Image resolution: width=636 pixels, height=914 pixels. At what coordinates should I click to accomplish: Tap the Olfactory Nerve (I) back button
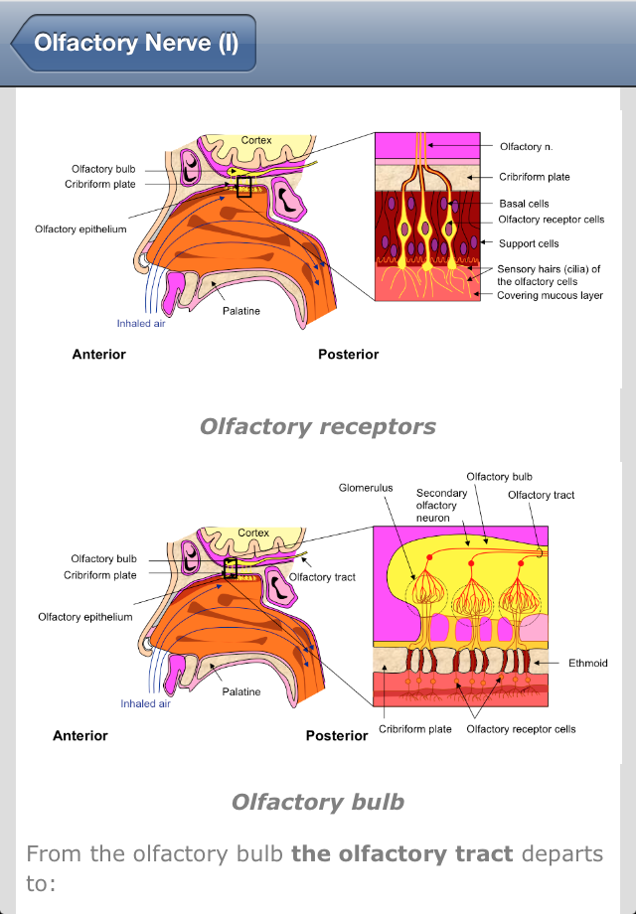coord(133,43)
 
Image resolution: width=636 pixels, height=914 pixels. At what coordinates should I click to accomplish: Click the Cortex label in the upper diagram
coord(256,140)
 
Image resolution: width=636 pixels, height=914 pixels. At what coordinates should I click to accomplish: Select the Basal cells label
coord(524,204)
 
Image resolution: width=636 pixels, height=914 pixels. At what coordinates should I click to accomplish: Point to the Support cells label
coord(529,243)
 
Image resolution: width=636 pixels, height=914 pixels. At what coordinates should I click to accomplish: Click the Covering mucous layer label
coord(550,295)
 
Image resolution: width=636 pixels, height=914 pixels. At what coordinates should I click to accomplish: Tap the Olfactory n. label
coord(527,147)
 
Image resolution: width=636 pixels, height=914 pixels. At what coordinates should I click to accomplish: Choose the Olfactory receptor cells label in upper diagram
coord(551,220)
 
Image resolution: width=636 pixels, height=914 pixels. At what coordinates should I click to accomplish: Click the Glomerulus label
coord(366,488)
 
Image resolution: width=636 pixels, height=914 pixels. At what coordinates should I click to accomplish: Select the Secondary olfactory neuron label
coord(441,506)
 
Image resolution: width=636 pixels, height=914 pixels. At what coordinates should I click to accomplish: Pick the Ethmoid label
coord(587,663)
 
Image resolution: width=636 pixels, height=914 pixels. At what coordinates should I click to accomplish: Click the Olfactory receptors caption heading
coord(318,426)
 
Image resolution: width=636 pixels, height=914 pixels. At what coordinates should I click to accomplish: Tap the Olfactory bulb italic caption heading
coord(318,802)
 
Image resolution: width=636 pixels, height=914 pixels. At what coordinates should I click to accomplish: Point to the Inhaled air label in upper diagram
coord(141,324)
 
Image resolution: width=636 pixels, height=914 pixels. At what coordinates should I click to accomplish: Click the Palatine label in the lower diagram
coord(240,691)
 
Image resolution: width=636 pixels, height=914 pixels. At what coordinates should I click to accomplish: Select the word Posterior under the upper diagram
coord(348,355)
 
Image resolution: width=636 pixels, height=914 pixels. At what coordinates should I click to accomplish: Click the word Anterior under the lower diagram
coord(80,735)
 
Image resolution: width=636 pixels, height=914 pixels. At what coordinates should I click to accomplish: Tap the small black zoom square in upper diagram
coord(244,187)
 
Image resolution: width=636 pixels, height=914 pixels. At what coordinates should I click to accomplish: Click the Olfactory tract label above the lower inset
coord(541,495)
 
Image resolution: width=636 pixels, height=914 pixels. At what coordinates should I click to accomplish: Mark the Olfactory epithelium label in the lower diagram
coord(85,617)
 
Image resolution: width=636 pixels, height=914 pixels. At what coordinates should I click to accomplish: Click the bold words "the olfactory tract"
coord(402,854)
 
